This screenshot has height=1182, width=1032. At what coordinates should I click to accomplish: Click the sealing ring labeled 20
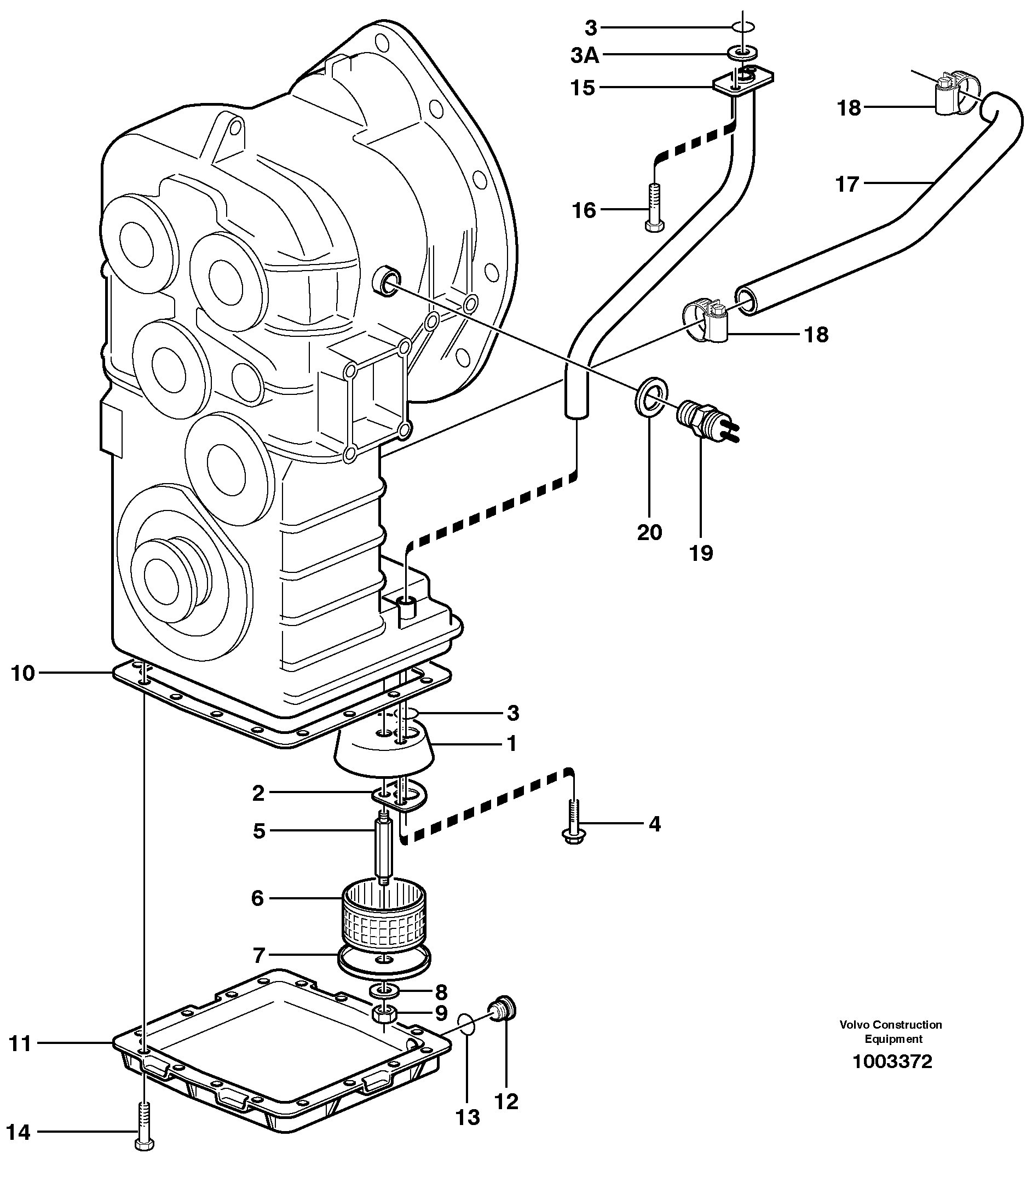[x=652, y=395]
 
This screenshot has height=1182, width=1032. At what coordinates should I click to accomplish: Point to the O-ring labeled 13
[x=466, y=1026]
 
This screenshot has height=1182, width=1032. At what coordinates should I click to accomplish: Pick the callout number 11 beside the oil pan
[x=20, y=1043]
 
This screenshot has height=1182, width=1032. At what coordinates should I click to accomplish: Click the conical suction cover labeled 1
[x=385, y=749]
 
